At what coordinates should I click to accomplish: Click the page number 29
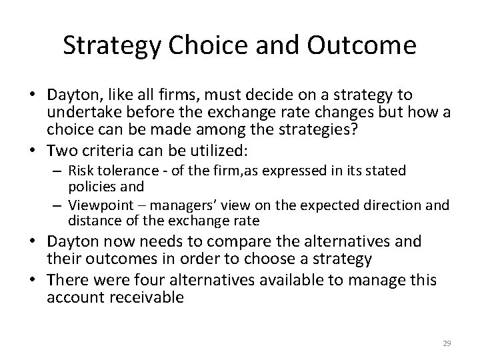click(447, 343)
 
